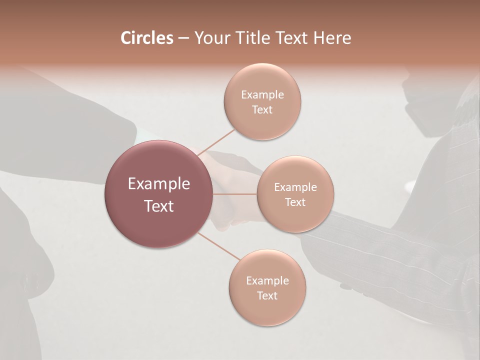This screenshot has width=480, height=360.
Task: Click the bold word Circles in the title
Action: pyautogui.click(x=146, y=38)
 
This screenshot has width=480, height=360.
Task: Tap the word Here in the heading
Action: pyautogui.click(x=332, y=38)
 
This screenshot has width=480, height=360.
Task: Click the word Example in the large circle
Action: pyautogui.click(x=159, y=184)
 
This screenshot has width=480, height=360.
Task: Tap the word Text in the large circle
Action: pyautogui.click(x=159, y=206)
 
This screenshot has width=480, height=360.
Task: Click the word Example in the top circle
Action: pyautogui.click(x=262, y=95)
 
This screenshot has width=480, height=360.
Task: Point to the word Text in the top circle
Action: pyautogui.click(x=262, y=109)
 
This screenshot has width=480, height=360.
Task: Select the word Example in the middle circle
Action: pyautogui.click(x=295, y=187)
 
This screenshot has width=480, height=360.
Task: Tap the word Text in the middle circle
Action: pyautogui.click(x=295, y=202)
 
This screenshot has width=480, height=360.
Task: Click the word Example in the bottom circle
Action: pyautogui.click(x=267, y=281)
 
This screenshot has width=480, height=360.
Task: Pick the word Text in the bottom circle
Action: pyautogui.click(x=267, y=295)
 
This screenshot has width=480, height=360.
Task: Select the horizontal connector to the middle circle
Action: pyautogui.click(x=234, y=194)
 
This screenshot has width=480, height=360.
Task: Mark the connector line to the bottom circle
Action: pyautogui.click(x=218, y=246)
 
